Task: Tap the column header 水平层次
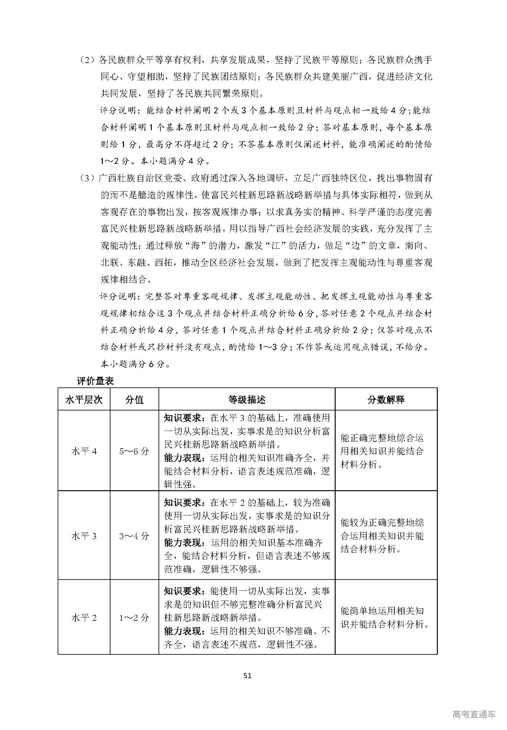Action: click(x=84, y=399)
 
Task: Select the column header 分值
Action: click(x=134, y=399)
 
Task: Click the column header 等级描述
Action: click(x=247, y=399)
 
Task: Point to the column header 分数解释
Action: click(x=386, y=399)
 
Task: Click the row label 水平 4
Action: click(x=84, y=451)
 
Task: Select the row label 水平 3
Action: click(x=84, y=536)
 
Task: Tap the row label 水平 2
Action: click(x=84, y=617)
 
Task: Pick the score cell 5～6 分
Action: click(x=134, y=451)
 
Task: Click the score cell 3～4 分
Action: click(x=134, y=536)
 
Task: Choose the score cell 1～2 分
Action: click(x=134, y=617)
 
